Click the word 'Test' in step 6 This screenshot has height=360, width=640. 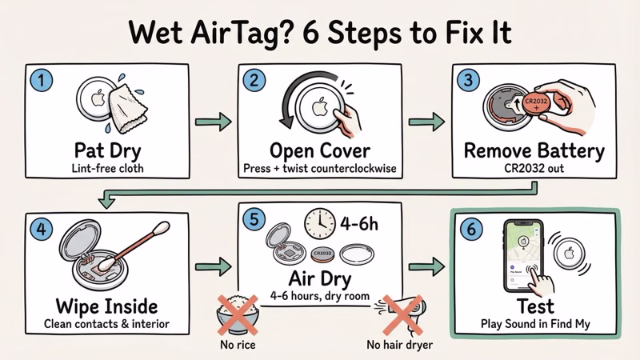click(x=537, y=306)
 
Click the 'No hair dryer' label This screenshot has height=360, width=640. click(x=400, y=346)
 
